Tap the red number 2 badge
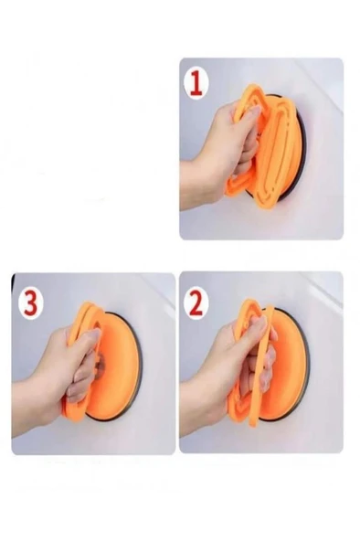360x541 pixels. (196, 302)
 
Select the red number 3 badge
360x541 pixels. (29, 302)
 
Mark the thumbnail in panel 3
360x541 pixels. (91, 336)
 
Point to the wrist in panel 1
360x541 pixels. (192, 178)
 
